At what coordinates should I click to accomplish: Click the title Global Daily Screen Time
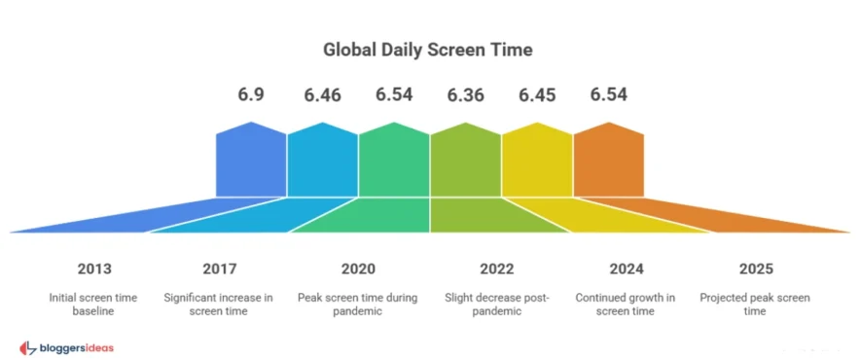tap(430, 48)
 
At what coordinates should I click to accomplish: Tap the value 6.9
tap(251, 95)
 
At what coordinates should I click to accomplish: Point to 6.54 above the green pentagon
tap(394, 95)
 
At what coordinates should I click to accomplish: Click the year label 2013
tap(93, 269)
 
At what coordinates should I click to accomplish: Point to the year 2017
tap(220, 269)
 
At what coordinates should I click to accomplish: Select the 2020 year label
tap(358, 269)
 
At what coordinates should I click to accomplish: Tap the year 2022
tap(497, 269)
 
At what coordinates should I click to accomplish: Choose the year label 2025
tap(754, 269)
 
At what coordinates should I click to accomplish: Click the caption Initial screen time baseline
tap(93, 304)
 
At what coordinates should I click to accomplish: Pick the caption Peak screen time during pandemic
tap(358, 304)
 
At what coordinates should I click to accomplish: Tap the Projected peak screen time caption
tap(754, 304)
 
